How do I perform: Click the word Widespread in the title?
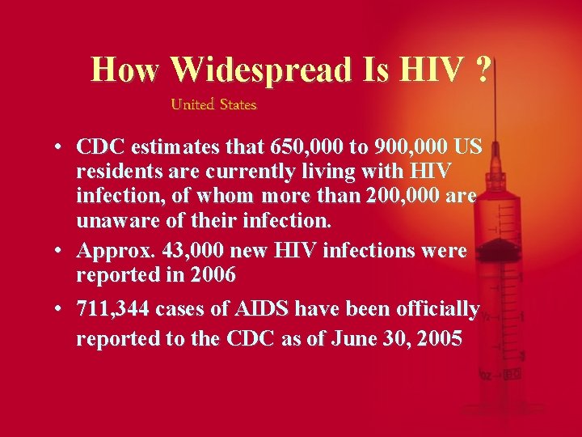tap(262, 70)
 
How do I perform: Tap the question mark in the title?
tap(482, 70)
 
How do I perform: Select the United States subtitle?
tap(213, 104)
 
